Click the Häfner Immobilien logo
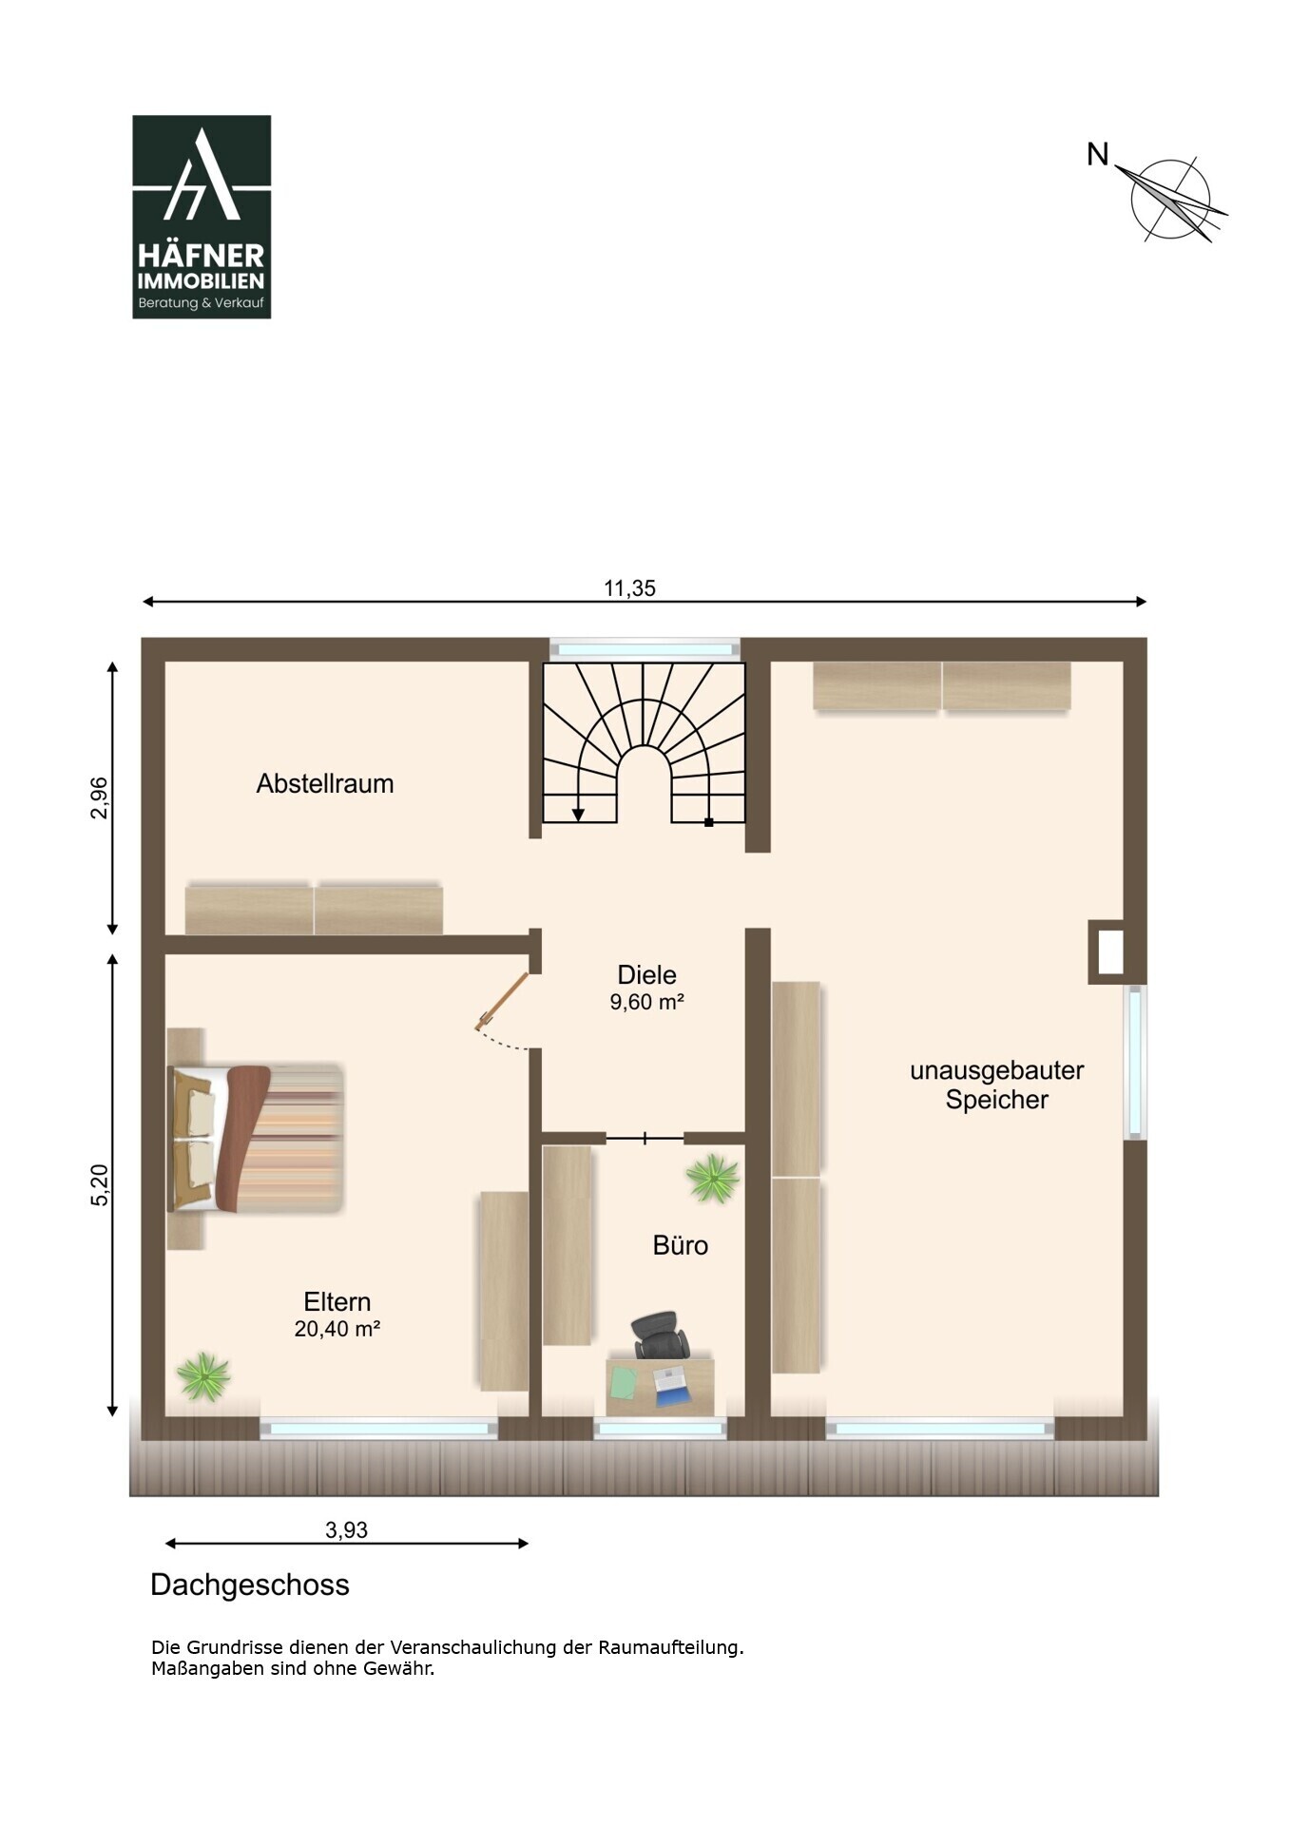coord(202,217)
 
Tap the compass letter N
coord(1098,154)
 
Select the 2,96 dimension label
coord(100,798)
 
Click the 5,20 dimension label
coord(100,1185)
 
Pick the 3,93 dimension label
coord(346,1529)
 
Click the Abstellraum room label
coord(325,784)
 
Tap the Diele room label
coord(647,974)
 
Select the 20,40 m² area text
coord(337,1329)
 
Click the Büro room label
coord(681,1245)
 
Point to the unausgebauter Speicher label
coord(997,1085)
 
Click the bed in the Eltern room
coord(255,1138)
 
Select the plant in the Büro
coord(713,1179)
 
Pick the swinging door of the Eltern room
coord(502,1001)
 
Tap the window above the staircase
coord(645,650)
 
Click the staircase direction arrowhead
coord(578,815)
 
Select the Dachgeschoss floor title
coord(250,1585)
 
